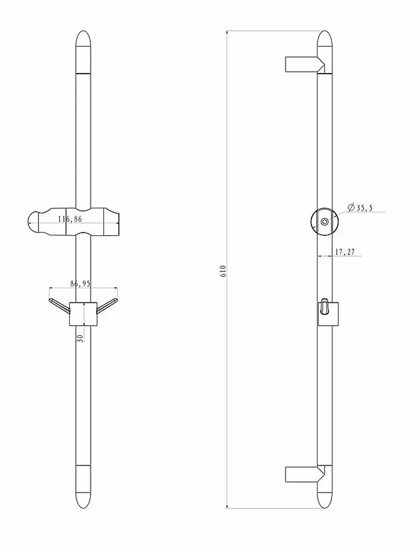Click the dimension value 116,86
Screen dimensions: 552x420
pos(70,219)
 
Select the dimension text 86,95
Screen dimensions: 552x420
pos(80,284)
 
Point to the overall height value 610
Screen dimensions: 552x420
pos(223,271)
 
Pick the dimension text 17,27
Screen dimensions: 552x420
pos(345,252)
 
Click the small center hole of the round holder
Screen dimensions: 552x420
pos(324,221)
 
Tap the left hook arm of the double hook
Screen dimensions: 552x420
pos(59,305)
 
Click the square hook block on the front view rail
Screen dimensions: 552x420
pos(83,314)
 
